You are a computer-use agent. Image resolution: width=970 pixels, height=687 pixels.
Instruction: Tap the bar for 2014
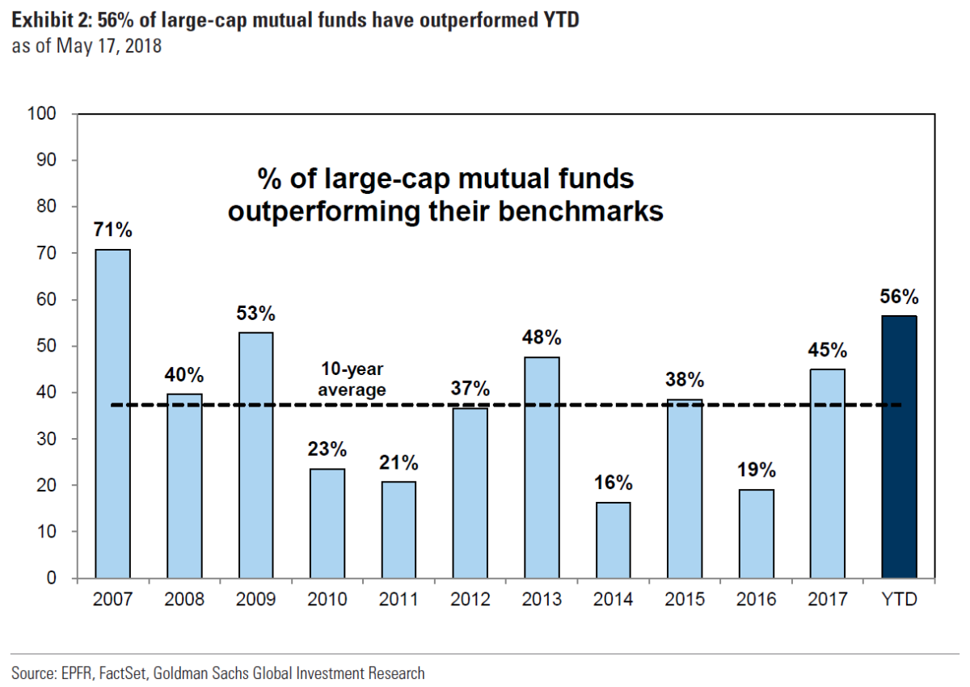613,540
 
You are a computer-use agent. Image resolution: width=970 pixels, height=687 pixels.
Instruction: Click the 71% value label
113,230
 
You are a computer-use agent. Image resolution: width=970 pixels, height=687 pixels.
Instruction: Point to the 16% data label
613,483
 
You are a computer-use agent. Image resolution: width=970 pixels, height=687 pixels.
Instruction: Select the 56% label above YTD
898,297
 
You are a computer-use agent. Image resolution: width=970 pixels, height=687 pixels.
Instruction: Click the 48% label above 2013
542,337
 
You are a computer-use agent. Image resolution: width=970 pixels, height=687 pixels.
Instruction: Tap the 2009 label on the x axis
255,600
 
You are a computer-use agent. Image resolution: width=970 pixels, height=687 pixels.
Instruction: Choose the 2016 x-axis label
755,600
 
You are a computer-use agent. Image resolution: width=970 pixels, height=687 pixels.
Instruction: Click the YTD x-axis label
898,600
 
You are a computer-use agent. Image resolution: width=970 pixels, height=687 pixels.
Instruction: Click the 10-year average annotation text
351,381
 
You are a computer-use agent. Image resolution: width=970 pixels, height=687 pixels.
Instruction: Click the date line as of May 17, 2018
86,46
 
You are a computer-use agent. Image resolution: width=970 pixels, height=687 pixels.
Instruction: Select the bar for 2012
470,493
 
